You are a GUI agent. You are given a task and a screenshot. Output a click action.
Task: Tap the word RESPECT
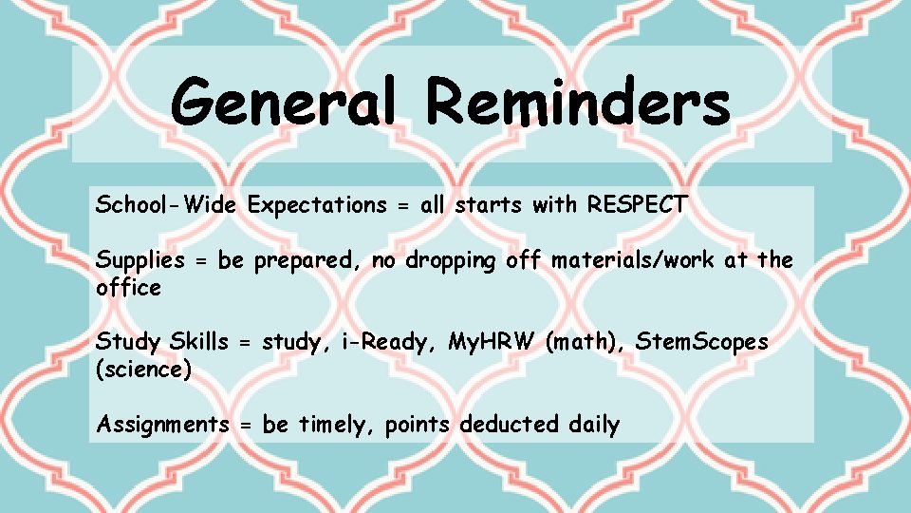[637, 204]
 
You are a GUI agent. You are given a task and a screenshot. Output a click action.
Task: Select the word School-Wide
[167, 204]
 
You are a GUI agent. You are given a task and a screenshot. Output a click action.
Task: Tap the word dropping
[451, 260]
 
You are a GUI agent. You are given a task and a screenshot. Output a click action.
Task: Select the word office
[128, 287]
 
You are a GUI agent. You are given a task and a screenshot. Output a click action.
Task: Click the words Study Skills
[162, 342]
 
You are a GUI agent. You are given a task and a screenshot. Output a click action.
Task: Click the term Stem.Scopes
[702, 341]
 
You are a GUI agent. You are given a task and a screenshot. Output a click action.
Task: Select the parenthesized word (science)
[144, 370]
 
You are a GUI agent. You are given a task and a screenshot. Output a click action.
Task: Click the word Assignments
[162, 425]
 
